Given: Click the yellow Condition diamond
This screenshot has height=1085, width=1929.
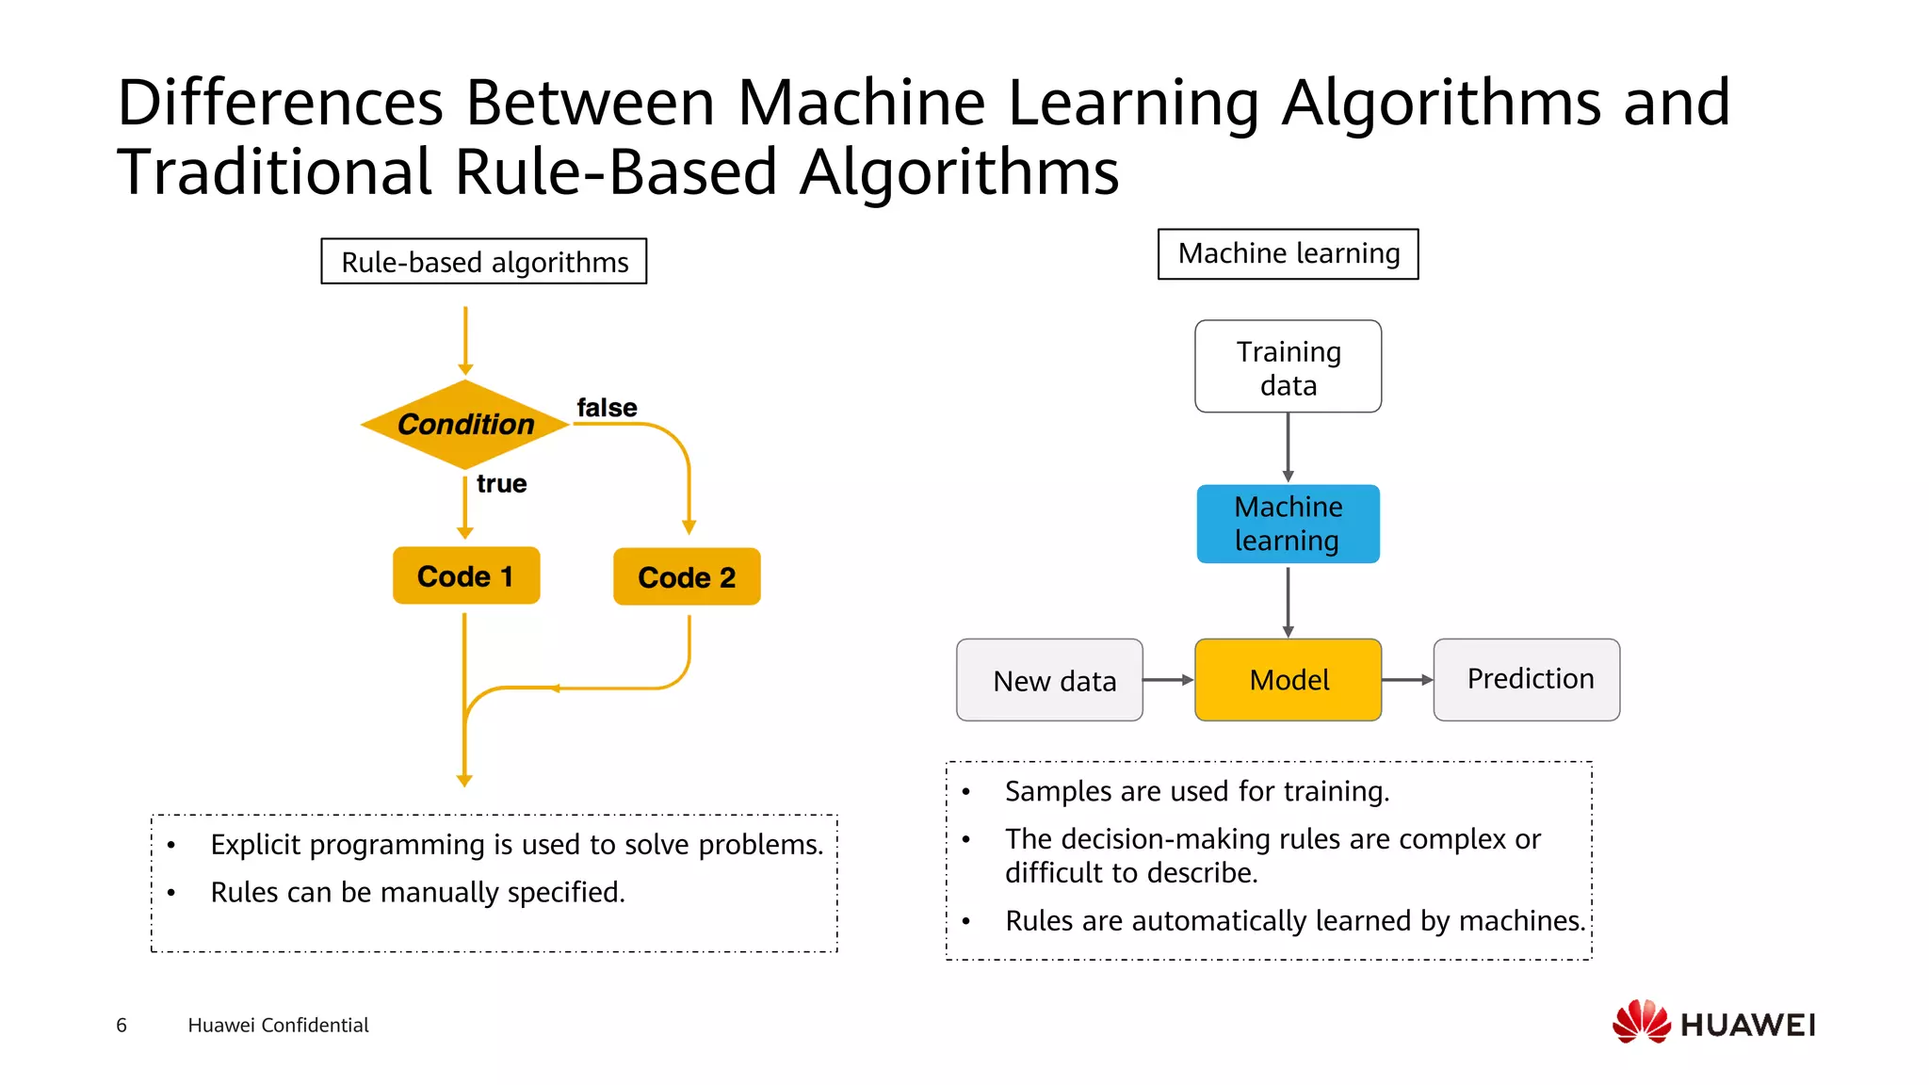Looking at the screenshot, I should (465, 425).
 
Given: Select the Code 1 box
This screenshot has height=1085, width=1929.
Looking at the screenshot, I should (466, 575).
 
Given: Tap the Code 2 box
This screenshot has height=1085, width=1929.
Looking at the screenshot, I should (687, 576).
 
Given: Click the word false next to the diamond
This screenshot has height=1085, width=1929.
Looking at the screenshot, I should (607, 408).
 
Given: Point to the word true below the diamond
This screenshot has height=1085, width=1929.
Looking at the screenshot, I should (501, 484).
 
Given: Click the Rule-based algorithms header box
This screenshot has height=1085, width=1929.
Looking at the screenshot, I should (484, 262).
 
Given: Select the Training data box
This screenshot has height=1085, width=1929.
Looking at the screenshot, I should (1288, 367).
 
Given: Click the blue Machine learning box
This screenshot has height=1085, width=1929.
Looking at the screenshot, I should (1288, 524).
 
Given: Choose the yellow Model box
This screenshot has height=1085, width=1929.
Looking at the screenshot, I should (1288, 680).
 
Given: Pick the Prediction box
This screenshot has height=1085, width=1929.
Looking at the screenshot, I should (1527, 680).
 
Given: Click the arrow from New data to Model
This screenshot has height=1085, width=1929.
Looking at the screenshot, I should (1168, 680).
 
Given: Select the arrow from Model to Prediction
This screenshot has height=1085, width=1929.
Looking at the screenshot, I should (1407, 680).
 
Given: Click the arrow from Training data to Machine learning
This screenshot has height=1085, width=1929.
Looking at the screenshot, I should (1288, 448).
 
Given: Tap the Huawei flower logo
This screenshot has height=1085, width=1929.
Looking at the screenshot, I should (1642, 1022).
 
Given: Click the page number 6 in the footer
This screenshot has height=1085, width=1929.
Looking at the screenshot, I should (122, 1025).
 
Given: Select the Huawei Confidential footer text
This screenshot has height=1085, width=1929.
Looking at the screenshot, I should (278, 1025).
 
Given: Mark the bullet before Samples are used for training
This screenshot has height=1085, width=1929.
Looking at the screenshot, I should (965, 792).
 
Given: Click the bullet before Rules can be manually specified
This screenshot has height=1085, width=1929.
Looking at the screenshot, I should (170, 893).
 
